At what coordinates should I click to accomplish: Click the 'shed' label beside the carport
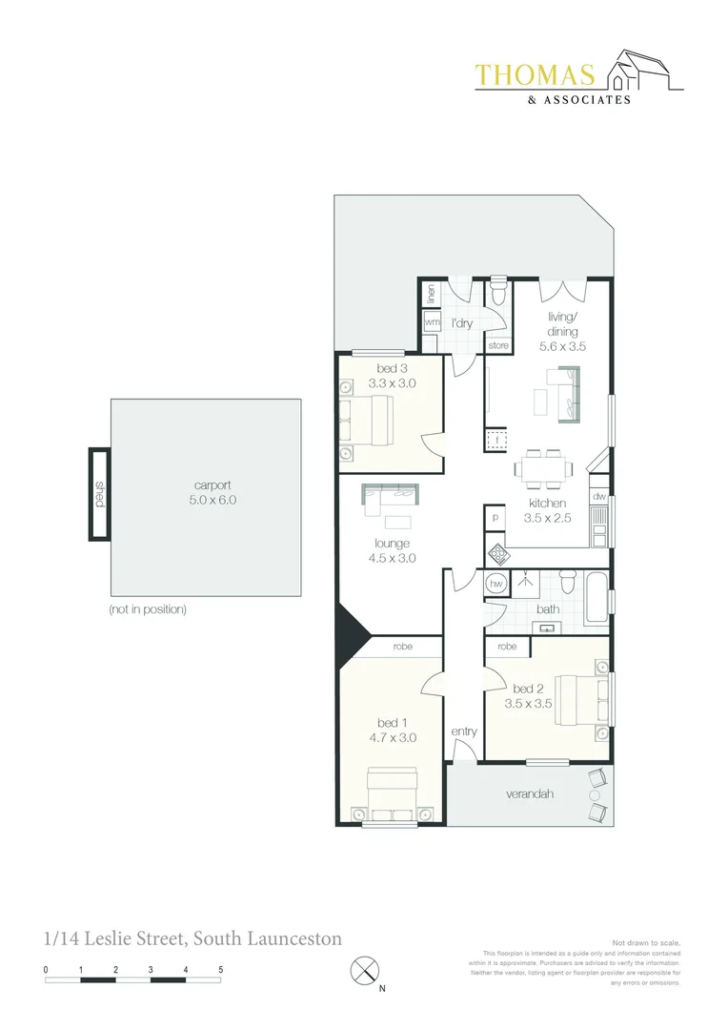coord(100,494)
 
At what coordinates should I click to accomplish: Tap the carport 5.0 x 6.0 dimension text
coord(212,499)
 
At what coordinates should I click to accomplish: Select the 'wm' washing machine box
coord(432,322)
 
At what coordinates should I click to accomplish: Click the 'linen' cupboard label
coord(432,294)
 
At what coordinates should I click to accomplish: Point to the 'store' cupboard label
coord(498,345)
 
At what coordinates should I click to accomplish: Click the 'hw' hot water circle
coord(496,584)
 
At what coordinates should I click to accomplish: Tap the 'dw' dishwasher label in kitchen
coord(598,497)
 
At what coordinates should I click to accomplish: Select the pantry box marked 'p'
coord(495,517)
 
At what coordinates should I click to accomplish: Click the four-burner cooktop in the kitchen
coord(497,556)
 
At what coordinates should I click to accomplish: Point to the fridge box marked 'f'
coord(497,440)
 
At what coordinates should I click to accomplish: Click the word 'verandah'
coord(529,793)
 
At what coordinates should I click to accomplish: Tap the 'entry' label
coord(463,731)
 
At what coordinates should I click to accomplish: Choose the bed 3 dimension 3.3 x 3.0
coord(392,383)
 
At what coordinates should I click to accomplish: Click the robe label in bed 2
coord(507,647)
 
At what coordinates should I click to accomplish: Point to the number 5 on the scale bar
coord(220,970)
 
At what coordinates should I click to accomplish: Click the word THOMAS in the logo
coord(535,75)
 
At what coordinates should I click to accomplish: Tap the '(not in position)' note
coord(148,609)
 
